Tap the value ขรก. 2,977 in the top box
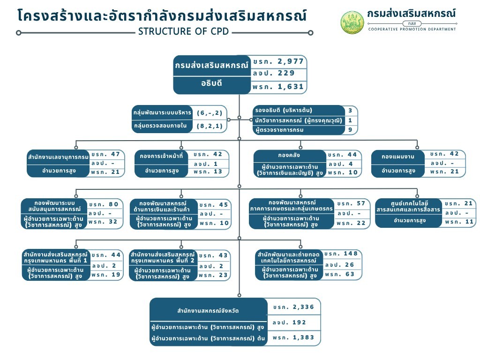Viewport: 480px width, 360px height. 278,61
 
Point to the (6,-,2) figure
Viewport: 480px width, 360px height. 210,113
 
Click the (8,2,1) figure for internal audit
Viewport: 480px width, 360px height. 210,126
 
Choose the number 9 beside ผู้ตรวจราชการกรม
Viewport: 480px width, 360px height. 350,130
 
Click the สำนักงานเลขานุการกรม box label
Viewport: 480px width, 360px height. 58,157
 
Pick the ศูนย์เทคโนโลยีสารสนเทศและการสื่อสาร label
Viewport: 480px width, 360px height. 409,207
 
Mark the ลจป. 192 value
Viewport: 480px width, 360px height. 289,322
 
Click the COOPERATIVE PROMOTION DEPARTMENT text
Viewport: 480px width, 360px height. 412,29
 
